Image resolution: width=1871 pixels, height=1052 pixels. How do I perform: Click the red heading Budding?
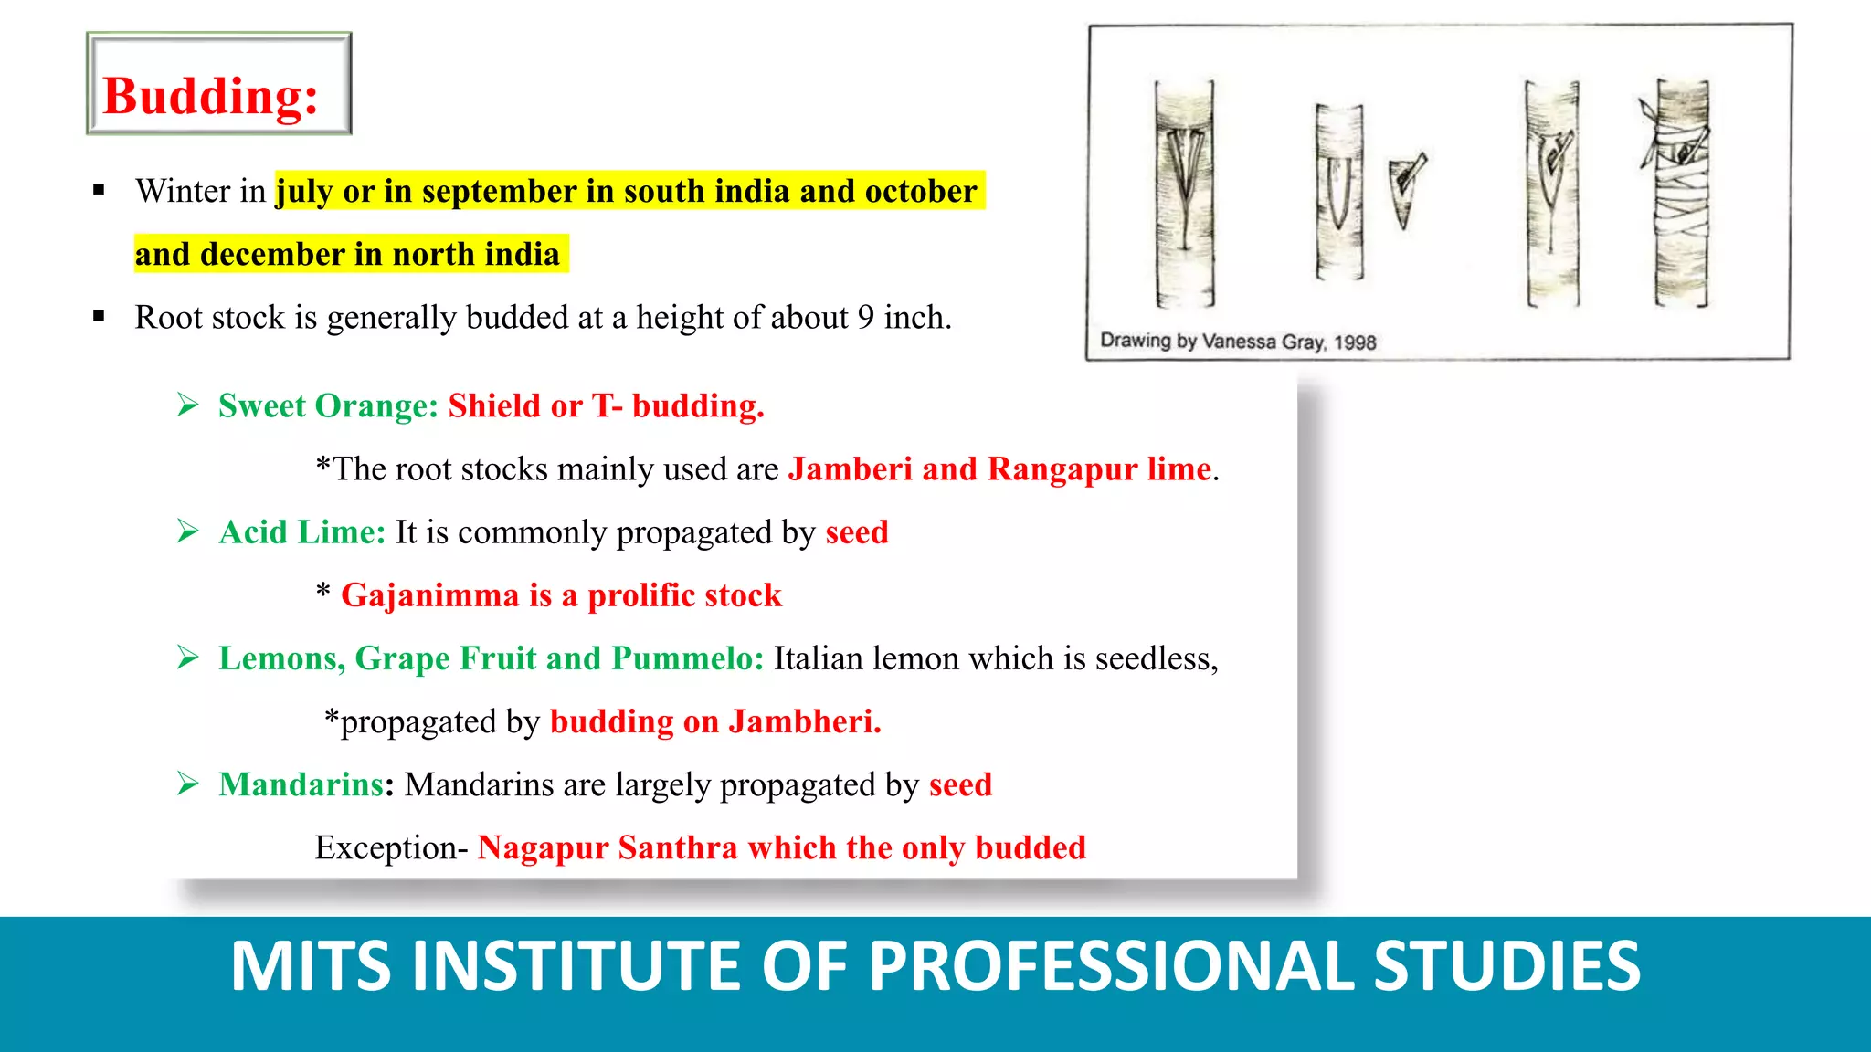[x=211, y=96]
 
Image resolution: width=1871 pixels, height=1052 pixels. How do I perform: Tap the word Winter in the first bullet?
[x=183, y=191]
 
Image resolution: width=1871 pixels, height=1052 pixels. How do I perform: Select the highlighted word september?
[x=499, y=191]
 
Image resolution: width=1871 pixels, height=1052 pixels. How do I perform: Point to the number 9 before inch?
[x=865, y=317]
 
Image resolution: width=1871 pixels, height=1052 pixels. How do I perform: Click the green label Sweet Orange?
[x=328, y=405]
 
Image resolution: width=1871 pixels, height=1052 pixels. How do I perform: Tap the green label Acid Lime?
[x=301, y=531]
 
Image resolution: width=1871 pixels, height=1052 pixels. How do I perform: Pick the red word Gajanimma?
[x=429, y=595]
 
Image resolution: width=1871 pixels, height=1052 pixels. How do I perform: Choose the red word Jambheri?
[x=804, y=721]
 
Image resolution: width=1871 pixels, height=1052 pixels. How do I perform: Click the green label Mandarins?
[x=301, y=784]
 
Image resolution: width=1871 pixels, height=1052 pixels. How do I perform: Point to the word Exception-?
[x=391, y=847]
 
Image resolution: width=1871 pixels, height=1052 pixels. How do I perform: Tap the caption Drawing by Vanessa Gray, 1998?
[x=1237, y=342]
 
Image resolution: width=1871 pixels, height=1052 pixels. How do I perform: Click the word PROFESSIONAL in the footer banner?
[x=1111, y=966]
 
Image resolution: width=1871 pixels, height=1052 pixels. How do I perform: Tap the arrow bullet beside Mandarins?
[x=188, y=784]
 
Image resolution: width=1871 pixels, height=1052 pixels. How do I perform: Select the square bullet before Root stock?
[x=99, y=317]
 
